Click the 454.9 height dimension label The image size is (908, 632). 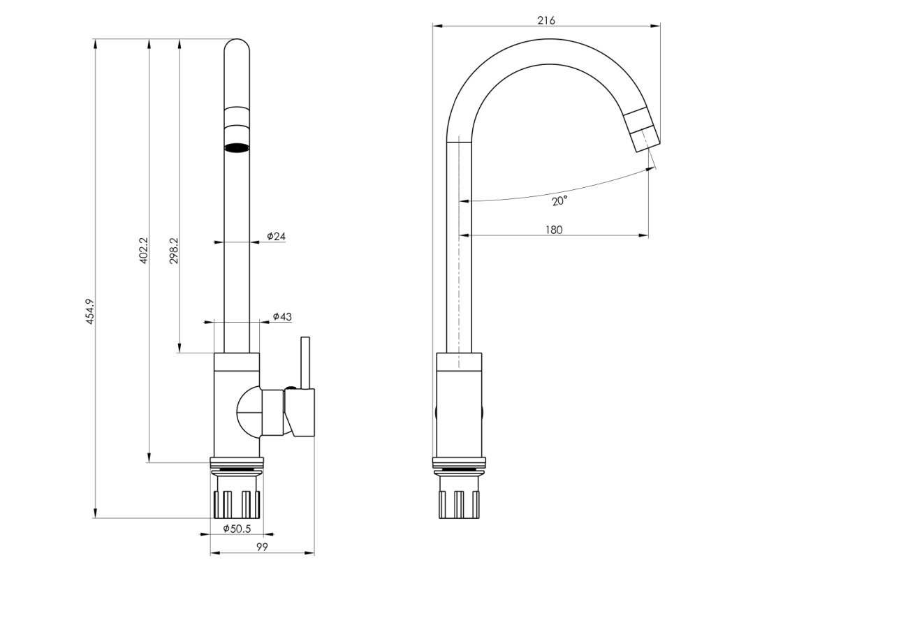pyautogui.click(x=89, y=311)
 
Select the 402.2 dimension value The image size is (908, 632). pyautogui.click(x=144, y=251)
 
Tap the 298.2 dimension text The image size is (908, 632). pyautogui.click(x=174, y=251)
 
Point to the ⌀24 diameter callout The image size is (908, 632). pyautogui.click(x=276, y=236)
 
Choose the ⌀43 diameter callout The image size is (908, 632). pyautogui.click(x=282, y=316)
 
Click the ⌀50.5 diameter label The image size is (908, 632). pyautogui.click(x=237, y=529)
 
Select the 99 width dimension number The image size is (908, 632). pyautogui.click(x=262, y=547)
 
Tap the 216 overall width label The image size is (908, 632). pyautogui.click(x=546, y=20)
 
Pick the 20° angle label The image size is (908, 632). pyautogui.click(x=559, y=200)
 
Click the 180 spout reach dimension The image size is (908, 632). pyautogui.click(x=554, y=230)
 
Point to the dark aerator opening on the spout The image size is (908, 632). pyautogui.click(x=237, y=147)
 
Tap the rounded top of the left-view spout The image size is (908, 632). pyautogui.click(x=237, y=45)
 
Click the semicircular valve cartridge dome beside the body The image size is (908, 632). pyautogui.click(x=249, y=412)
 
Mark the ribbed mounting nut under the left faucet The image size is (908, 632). pyautogui.click(x=237, y=504)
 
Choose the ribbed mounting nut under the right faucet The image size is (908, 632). pyautogui.click(x=459, y=504)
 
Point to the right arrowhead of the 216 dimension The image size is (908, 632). pyautogui.click(x=655, y=26)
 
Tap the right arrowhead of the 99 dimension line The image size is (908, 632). pyautogui.click(x=309, y=552)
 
